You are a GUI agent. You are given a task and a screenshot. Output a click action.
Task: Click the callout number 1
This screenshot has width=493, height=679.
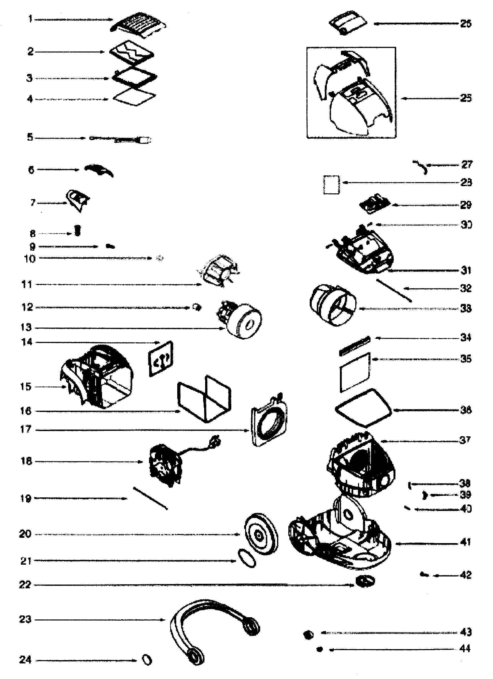coord(30,19)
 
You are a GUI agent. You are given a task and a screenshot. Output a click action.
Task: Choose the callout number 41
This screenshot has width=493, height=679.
coord(465,542)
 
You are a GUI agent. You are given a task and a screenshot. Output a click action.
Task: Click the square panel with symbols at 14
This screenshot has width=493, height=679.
coord(161,359)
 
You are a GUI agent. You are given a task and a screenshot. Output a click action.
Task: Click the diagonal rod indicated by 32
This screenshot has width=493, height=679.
coord(393,290)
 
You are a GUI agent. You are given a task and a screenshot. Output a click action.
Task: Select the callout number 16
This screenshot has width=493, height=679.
coord(26,411)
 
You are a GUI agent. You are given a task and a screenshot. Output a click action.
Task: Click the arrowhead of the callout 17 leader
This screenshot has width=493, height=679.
coord(248,431)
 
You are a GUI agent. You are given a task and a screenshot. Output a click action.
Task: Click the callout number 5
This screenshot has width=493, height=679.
coord(30,137)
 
